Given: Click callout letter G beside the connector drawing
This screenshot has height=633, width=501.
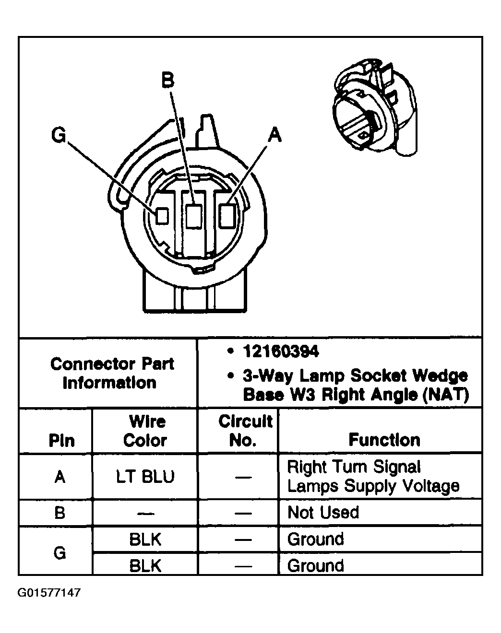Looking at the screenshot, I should pos(59,136).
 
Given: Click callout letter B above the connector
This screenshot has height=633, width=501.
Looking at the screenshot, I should pos(167,80).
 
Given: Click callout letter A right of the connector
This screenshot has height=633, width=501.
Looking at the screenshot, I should pos(274,135).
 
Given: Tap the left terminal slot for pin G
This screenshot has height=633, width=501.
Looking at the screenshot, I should pos(163,216).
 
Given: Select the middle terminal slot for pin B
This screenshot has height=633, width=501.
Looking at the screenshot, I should pos(193,216).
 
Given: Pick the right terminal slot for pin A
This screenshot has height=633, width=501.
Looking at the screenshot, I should pos(226,215).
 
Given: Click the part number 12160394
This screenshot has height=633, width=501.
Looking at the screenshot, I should pos(281,352).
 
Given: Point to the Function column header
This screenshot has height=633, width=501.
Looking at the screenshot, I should pos(384,440).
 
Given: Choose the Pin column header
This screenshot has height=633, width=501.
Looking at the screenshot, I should pos(61,440).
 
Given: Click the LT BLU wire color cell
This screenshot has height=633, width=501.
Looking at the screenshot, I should pos(145,477).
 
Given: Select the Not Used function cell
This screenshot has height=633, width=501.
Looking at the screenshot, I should pos(323,513).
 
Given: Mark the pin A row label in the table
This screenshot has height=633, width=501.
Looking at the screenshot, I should pos(60,477).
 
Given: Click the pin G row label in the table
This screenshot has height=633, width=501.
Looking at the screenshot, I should pos(60,553).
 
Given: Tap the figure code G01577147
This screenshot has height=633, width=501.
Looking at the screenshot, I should pos(49,593).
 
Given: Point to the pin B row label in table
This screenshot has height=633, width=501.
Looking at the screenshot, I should pos(60,513).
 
